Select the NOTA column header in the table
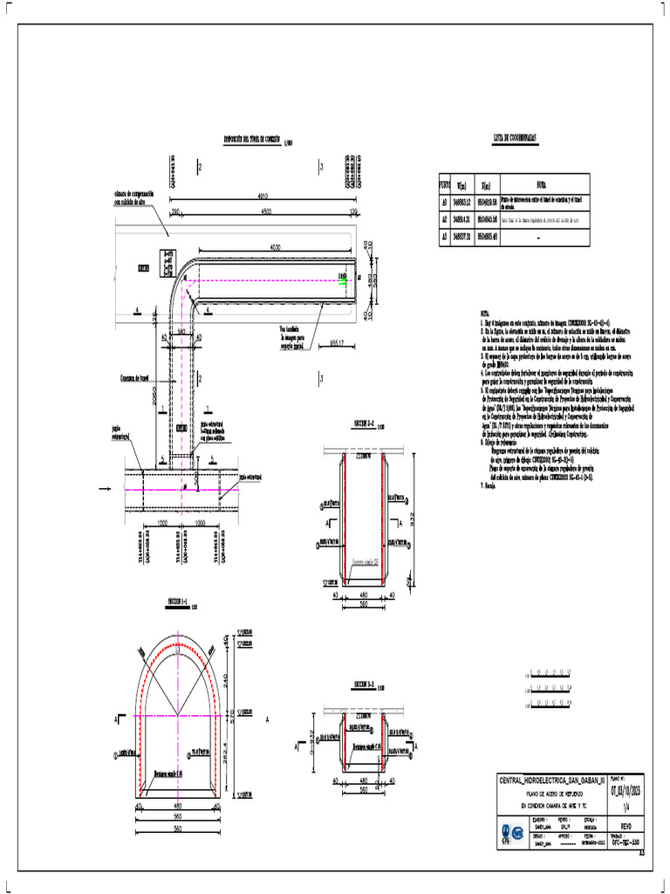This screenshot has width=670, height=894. [x=542, y=186]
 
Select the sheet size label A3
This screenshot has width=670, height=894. [x=641, y=854]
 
